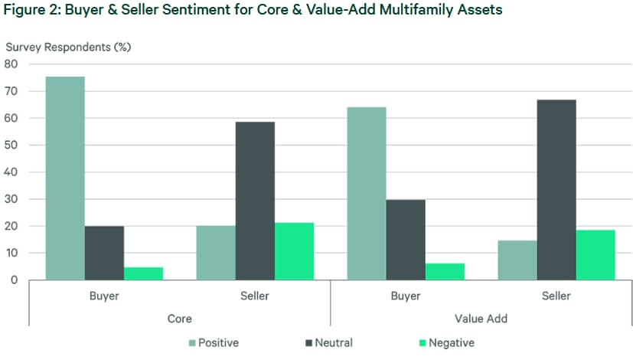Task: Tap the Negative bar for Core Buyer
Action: point(143,273)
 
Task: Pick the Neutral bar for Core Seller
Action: point(255,201)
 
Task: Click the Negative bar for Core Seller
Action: point(294,251)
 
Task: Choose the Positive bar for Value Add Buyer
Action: point(367,194)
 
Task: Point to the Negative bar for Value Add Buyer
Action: point(445,272)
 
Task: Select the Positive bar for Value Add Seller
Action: point(517,260)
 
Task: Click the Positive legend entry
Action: point(214,343)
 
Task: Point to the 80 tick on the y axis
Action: point(11,64)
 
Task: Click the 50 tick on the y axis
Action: point(11,146)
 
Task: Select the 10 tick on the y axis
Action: point(11,253)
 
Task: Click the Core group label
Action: point(179,318)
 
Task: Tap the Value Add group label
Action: point(481,318)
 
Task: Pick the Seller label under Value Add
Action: point(556,294)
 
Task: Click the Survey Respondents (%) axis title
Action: point(69,47)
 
